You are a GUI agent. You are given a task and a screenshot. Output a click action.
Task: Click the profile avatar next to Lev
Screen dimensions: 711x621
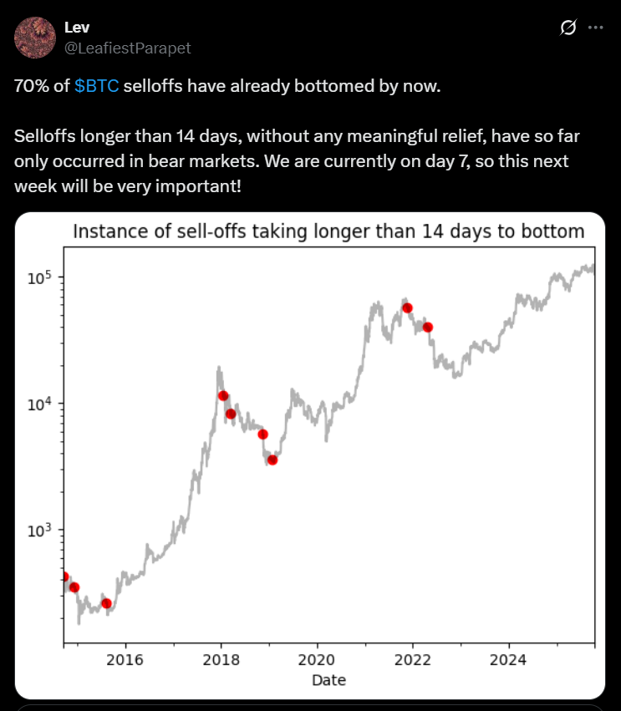click(34, 38)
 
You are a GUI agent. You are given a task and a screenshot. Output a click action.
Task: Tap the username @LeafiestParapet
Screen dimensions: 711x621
click(127, 48)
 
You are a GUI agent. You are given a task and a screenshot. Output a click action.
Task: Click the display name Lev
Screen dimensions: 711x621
click(77, 28)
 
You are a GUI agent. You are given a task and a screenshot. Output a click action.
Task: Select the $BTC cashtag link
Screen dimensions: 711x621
click(97, 87)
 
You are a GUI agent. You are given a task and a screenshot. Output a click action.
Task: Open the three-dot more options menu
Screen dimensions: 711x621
click(595, 28)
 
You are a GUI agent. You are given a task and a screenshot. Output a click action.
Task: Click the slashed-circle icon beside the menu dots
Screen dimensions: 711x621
click(568, 28)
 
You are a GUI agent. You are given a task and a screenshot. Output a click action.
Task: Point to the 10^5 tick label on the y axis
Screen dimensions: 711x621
click(39, 277)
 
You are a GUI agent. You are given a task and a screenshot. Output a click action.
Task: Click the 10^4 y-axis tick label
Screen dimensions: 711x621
click(39, 404)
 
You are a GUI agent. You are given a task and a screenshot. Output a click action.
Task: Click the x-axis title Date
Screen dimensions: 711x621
click(328, 680)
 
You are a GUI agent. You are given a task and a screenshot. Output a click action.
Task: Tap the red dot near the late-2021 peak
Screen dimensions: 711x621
click(407, 307)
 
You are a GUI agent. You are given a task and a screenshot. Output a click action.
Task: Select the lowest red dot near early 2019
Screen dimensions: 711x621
click(272, 460)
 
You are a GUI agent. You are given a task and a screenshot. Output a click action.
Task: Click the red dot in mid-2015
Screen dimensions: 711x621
click(106, 603)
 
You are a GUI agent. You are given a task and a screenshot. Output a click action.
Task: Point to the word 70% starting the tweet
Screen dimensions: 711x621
click(29, 87)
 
